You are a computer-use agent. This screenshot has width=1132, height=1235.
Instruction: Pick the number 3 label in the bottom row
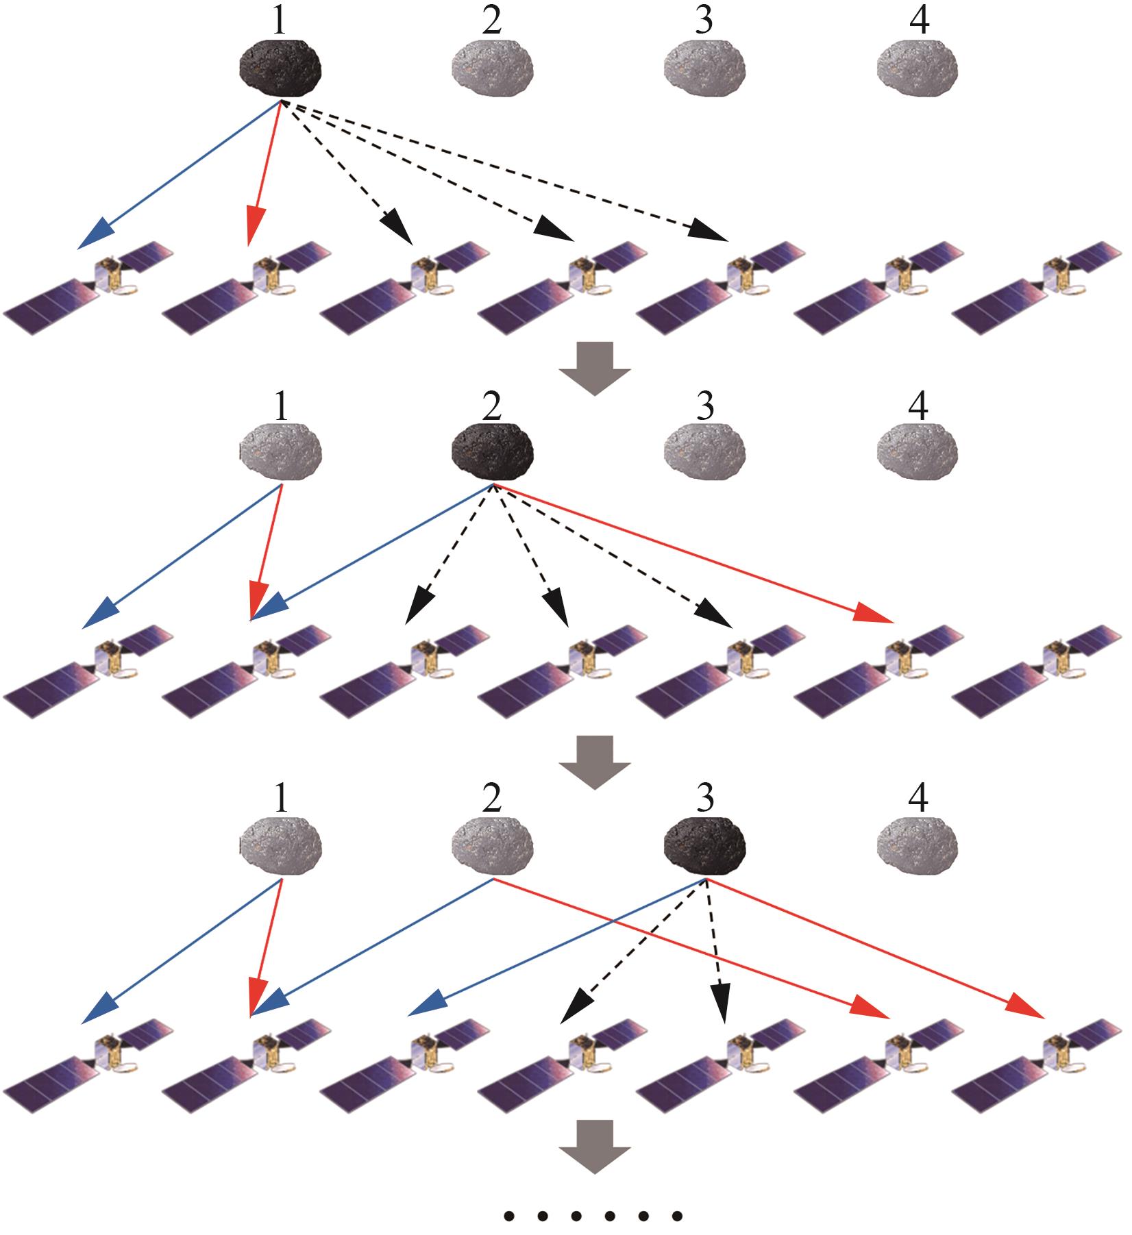[x=704, y=797]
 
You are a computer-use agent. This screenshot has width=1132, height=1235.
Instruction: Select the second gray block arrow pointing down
[x=594, y=762]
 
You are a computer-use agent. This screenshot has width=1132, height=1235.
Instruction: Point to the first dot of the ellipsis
[x=509, y=1217]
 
